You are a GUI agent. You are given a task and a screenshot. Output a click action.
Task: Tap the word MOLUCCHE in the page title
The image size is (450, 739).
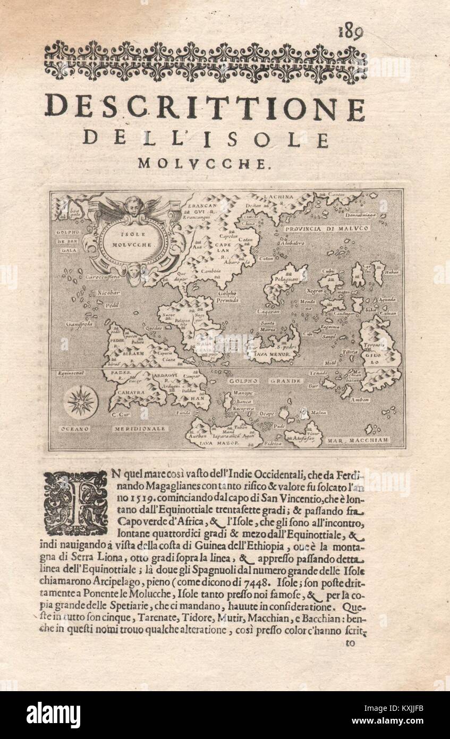click(x=201, y=163)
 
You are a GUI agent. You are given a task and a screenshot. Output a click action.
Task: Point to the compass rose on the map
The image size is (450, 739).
click(x=81, y=401)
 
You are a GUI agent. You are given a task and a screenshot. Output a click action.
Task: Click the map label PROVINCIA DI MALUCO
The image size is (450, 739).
click(x=326, y=229)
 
